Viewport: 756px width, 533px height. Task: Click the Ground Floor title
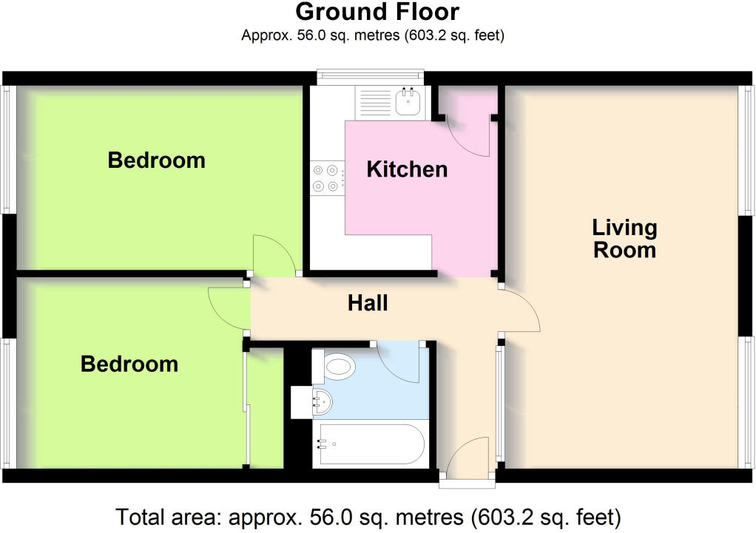[377, 13]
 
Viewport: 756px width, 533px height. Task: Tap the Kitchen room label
[407, 169]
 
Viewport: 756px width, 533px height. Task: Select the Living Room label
[625, 238]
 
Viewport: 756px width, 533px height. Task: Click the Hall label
[368, 303]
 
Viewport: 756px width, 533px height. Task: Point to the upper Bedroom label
[156, 160]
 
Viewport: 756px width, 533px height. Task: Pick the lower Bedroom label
[129, 364]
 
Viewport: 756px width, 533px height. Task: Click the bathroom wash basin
[323, 403]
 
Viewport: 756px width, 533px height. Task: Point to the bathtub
[368, 444]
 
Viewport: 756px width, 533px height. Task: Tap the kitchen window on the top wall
[370, 75]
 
